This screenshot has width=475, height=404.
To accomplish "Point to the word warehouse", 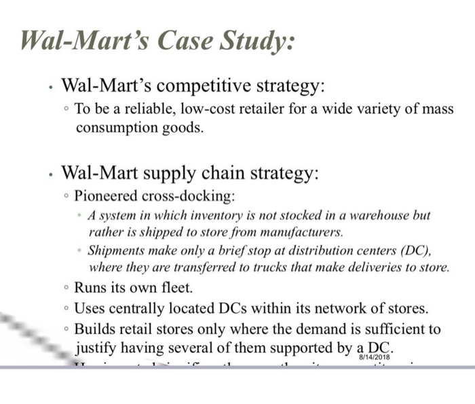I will (x=382, y=215).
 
